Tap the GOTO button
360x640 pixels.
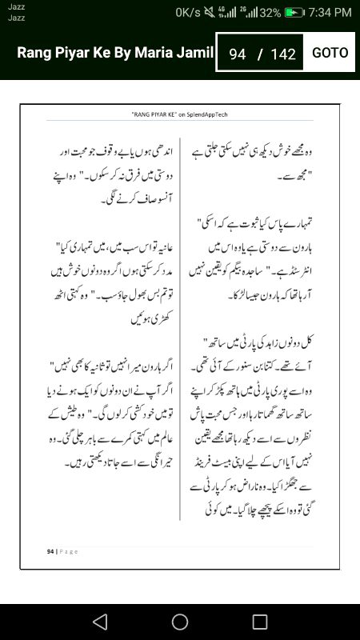click(x=330, y=53)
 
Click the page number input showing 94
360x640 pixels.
click(x=237, y=54)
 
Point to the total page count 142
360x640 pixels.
click(x=283, y=54)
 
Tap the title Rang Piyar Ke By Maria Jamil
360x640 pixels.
click(x=115, y=53)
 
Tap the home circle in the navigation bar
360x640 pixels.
click(x=180, y=622)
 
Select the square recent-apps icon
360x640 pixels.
click(x=260, y=622)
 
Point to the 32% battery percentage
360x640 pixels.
click(x=270, y=13)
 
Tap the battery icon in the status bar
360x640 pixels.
click(x=295, y=13)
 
